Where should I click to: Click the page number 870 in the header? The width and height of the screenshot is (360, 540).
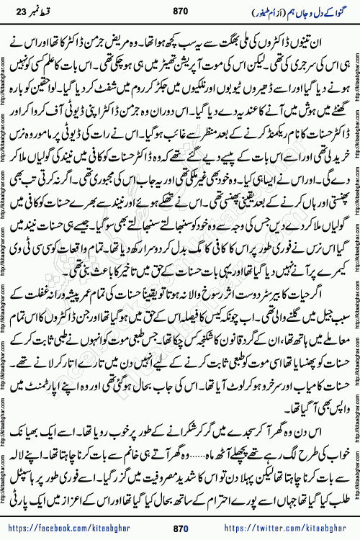tap(180, 12)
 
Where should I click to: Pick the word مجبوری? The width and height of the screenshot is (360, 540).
tap(75, 160)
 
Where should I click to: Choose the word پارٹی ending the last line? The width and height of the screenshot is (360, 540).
tap(32, 441)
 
